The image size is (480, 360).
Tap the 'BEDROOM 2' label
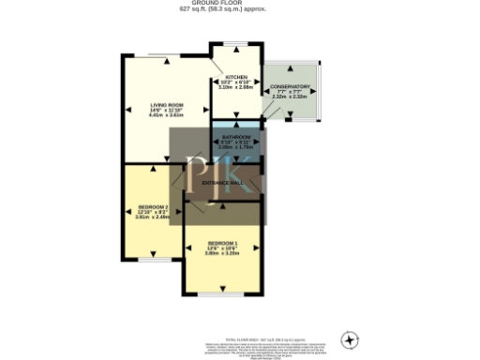(152, 206)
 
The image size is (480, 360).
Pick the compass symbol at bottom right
(352, 338)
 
